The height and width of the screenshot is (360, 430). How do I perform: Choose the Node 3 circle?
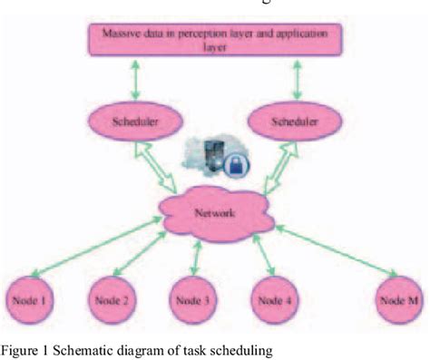tap(193, 298)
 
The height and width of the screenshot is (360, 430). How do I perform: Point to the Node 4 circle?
tap(274, 298)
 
